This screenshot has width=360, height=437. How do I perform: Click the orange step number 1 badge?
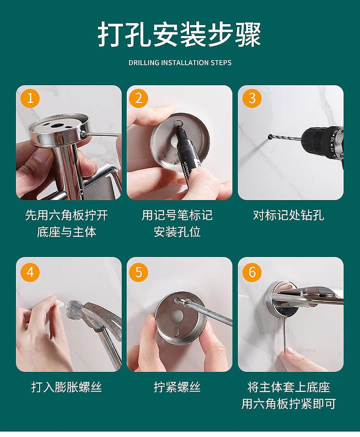pos(30,98)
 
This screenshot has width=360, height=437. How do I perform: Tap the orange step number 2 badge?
pos(139,98)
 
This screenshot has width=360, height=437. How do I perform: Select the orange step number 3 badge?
pos(252,98)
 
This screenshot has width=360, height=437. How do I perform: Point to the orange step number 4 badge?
pos(30,272)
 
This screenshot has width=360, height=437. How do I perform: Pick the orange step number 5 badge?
pos(139,272)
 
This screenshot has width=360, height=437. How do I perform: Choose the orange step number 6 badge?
pos(252,272)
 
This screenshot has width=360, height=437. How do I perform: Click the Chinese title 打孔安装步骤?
pos(180,35)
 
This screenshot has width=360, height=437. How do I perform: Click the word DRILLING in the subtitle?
pos(144,63)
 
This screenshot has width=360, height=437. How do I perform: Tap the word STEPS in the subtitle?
pos(221,63)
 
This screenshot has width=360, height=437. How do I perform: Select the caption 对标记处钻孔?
pos(288,216)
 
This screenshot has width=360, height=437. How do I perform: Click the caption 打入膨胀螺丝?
pos(67,387)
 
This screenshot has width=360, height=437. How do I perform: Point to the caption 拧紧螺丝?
pos(177,387)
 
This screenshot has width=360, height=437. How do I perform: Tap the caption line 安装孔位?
pos(177,232)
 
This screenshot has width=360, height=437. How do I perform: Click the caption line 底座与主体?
pos(67,232)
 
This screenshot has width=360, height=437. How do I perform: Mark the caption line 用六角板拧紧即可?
pos(288,404)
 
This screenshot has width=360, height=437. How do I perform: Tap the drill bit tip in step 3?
pos(269,137)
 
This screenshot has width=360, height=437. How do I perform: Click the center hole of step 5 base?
pos(177,316)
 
